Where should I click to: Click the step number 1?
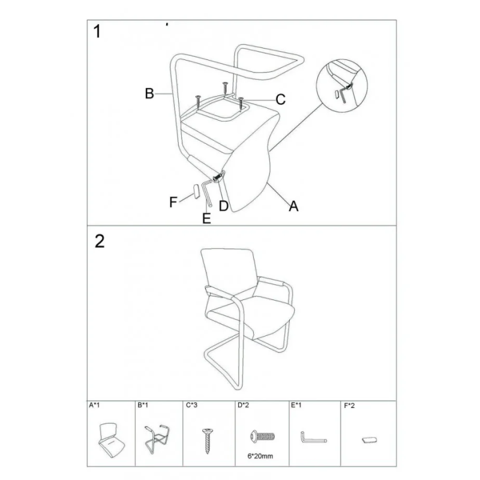coord(97,32)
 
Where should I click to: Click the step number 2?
coord(100,242)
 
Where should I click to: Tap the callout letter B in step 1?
coord(149,94)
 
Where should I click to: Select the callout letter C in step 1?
coord(280,100)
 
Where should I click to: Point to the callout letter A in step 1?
coord(293,206)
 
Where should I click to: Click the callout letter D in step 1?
coord(224,206)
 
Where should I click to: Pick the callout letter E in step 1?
coord(206,218)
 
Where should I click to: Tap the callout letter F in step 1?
coord(173,202)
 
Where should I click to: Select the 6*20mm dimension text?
coord(260,456)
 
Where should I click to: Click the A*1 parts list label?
coord(94,406)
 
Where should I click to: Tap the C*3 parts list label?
coord(191,406)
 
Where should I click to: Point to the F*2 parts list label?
coord(349,406)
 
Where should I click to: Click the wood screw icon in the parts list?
coord(208,441)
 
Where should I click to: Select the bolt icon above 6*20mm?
coord(262,436)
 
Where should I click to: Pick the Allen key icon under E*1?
coord(313,438)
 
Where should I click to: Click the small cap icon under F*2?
coord(369,440)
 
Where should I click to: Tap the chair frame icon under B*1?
coord(157,439)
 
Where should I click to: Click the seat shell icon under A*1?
coord(111,440)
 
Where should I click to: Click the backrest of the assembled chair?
coord(228,270)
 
